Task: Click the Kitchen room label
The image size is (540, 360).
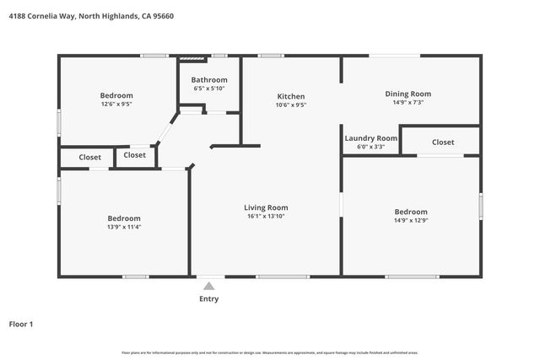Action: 290,96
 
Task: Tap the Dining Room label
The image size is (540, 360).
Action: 408,94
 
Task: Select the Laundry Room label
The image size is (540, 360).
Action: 370,137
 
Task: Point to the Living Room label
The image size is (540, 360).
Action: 266,207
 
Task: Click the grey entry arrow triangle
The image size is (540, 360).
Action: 208,286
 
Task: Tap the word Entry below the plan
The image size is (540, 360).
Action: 208,298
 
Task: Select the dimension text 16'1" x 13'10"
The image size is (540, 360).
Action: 266,217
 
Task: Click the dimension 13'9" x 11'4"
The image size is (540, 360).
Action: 123,227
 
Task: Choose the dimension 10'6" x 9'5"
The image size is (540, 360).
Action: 290,105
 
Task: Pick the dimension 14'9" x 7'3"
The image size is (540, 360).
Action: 408,103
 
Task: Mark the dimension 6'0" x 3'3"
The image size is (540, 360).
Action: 370,147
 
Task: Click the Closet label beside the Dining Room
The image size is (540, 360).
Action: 443,142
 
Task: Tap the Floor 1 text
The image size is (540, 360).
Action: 21,324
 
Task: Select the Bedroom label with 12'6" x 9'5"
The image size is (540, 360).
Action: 116,95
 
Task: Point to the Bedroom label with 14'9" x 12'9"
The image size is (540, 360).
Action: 411,212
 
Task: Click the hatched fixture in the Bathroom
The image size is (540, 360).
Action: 193,59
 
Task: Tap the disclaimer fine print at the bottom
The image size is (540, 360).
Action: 269,352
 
